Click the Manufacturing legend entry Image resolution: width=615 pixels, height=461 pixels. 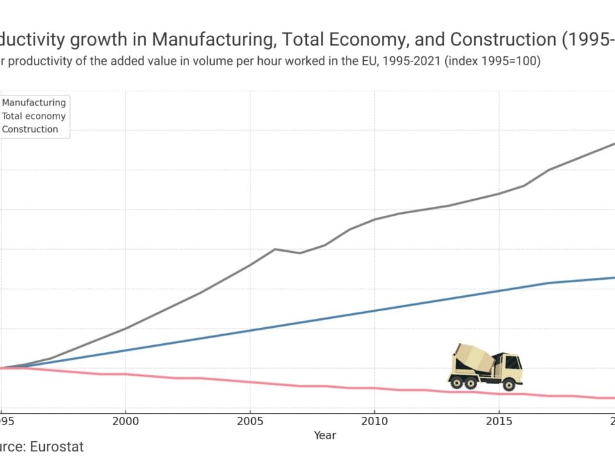[34, 102]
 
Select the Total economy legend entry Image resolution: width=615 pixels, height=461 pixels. [34, 116]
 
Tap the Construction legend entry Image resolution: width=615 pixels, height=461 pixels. [30, 129]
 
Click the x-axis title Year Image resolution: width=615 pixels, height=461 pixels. [325, 435]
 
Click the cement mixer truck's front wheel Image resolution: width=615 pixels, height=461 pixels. [509, 384]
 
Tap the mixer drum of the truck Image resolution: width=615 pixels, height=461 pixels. [474, 359]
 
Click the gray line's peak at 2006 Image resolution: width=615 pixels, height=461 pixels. [275, 249]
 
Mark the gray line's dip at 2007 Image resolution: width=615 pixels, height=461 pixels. [300, 253]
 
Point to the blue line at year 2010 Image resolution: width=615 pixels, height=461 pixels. [374, 311]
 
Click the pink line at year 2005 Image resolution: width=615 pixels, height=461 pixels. [250, 382]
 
